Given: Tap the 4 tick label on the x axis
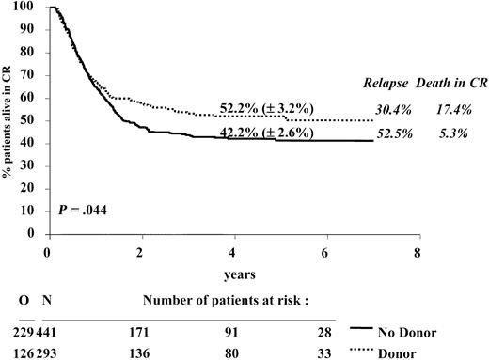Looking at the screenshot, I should point(231,253).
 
